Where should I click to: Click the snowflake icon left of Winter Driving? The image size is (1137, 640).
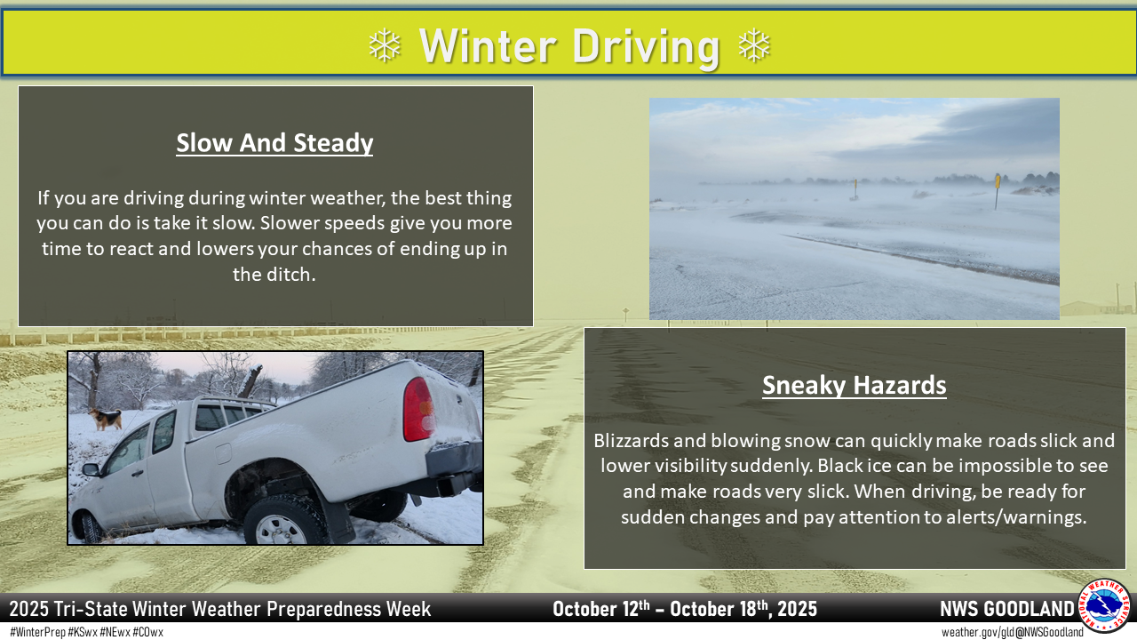coord(385,45)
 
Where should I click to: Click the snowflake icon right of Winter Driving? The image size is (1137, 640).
coord(754,45)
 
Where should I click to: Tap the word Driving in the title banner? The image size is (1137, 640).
coord(646,47)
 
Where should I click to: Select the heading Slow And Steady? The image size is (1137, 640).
coord(274,143)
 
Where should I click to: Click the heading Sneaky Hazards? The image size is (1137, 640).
coord(855,385)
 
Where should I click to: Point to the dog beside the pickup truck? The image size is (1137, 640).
coord(106,419)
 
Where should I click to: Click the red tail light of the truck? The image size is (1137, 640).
coord(418,410)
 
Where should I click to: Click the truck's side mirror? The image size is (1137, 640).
coord(91,470)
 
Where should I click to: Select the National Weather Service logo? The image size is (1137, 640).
coord(1104,606)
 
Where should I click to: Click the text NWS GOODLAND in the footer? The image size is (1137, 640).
coord(1007,609)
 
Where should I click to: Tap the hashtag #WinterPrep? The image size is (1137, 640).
coord(38,632)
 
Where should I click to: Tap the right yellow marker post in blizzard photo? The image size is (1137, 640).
coord(997,191)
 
